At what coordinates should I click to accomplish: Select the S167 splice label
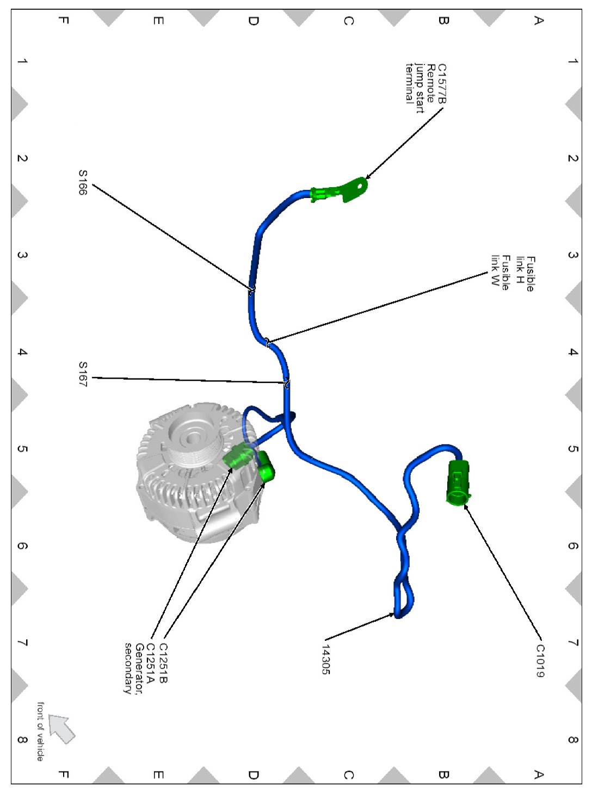(x=83, y=374)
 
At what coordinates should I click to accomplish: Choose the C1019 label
(x=540, y=661)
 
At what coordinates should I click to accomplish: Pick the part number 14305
(x=325, y=659)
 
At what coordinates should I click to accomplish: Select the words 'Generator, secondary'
(x=134, y=669)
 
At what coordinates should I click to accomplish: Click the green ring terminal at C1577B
(x=355, y=188)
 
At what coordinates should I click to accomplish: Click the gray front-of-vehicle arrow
(x=62, y=728)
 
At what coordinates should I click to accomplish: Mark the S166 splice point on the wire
(x=252, y=290)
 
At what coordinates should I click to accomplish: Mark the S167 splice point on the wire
(x=287, y=383)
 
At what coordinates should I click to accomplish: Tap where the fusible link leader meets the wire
(x=268, y=342)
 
